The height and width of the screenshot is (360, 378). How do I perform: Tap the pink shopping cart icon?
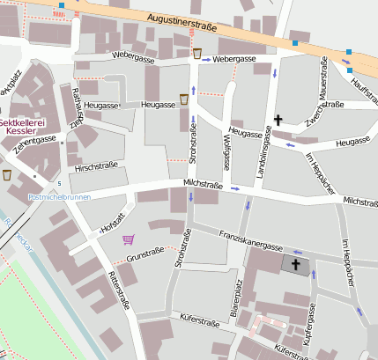pos(130,239)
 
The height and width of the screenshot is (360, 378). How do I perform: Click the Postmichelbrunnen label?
pos(59,197)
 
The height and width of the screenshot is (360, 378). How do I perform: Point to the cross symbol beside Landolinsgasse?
pos(278,119)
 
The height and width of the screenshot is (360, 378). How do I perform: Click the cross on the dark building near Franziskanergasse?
pos(296,264)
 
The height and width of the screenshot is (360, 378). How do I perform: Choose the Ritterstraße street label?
pos(120,290)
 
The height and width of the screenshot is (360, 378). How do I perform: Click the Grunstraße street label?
pos(146,258)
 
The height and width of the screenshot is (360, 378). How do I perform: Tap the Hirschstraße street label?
pos(96,166)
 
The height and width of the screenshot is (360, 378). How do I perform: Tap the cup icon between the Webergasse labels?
pos(197,55)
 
